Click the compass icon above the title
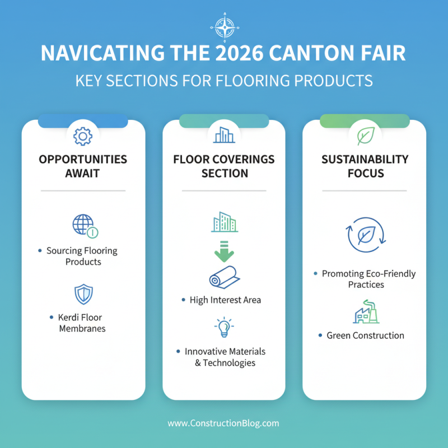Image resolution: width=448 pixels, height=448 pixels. [x=224, y=26]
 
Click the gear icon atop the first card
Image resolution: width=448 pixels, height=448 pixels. [x=82, y=135]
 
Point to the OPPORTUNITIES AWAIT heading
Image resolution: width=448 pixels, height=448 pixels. [x=83, y=166]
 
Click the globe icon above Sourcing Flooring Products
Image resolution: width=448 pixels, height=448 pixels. [x=83, y=225]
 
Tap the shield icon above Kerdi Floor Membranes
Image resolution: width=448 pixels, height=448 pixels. [x=83, y=294]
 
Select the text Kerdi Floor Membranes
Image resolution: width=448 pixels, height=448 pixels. [x=82, y=323]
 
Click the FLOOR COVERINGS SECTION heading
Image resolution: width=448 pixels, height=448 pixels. [x=223, y=166]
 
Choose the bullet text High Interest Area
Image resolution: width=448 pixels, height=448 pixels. [x=225, y=300]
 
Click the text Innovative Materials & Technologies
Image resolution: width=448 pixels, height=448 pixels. [x=225, y=357]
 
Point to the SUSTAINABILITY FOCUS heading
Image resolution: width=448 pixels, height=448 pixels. [x=365, y=166]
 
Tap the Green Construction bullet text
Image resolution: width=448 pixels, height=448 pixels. [x=365, y=335]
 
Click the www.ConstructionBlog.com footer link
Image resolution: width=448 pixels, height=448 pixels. [x=223, y=423]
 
